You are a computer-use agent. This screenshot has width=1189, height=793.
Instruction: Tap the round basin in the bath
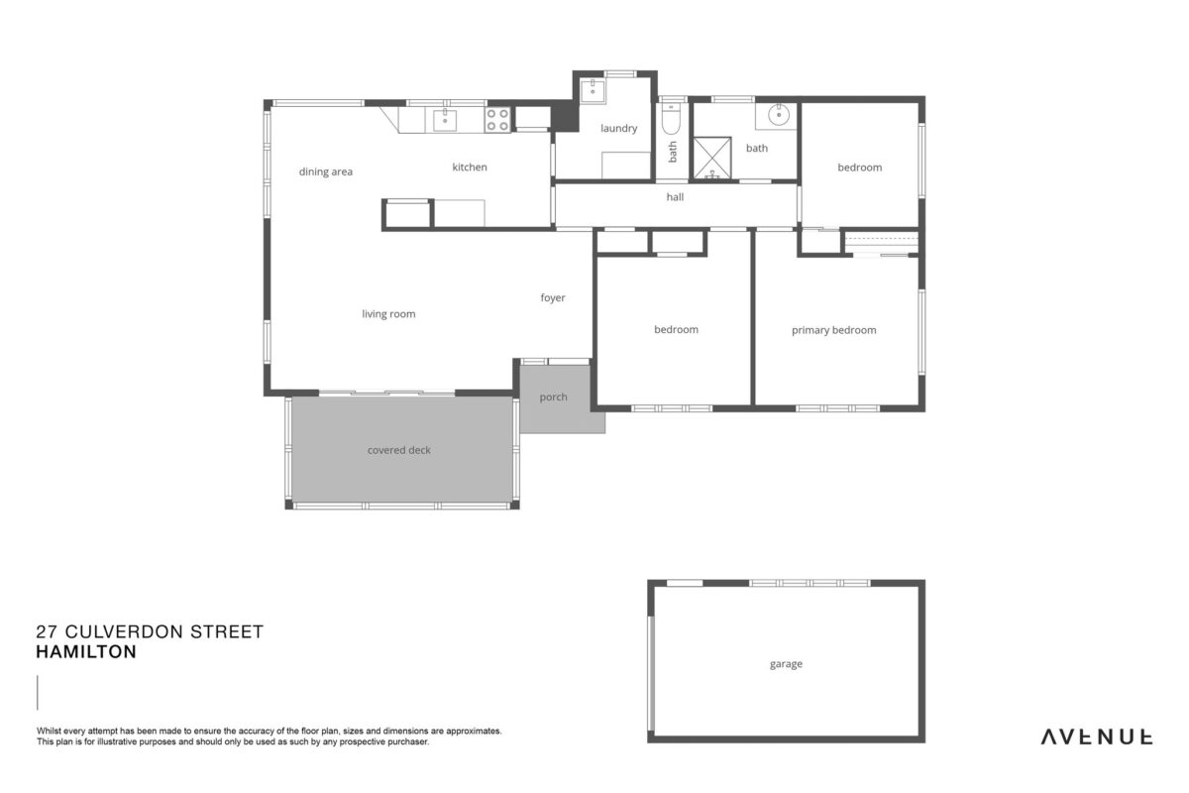pos(778,114)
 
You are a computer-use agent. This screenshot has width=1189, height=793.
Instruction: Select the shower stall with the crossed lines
pos(712,158)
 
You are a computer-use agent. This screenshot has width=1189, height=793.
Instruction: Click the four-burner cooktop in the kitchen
pos(497,120)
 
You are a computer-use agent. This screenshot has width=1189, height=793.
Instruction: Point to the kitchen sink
pos(445,120)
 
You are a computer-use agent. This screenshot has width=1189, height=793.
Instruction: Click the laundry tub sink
pos(592,91)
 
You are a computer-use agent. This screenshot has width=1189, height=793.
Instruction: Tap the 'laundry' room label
pos(619,128)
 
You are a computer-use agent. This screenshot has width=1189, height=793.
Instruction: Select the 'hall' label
pos(675,197)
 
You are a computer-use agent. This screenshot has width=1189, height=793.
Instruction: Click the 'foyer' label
pos(553,297)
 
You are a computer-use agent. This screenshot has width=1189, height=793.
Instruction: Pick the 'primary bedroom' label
pos(834,330)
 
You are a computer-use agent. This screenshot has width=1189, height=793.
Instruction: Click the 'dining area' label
pos(325,171)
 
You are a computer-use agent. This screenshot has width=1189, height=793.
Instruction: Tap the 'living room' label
pos(388,314)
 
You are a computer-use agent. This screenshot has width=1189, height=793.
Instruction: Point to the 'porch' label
pos(553,397)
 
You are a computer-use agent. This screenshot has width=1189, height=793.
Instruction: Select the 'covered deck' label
pos(398,450)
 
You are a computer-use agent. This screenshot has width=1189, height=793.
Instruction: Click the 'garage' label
pos(786,664)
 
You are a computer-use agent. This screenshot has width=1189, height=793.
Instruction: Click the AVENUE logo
pos(1096,737)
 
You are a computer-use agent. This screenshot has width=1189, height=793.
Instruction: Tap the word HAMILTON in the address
pos(86,651)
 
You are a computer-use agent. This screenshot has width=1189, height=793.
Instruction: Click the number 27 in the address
pos(47,631)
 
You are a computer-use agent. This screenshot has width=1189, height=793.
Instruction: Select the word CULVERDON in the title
pos(124,631)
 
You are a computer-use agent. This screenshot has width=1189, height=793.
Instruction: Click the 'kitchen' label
pos(470,168)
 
